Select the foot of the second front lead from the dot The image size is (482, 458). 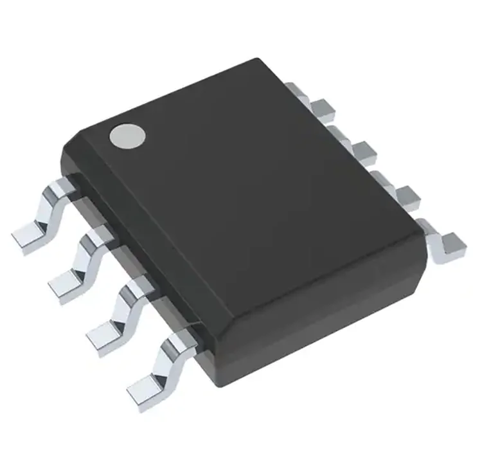point(65,284)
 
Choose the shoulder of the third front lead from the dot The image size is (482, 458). point(135,286)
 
